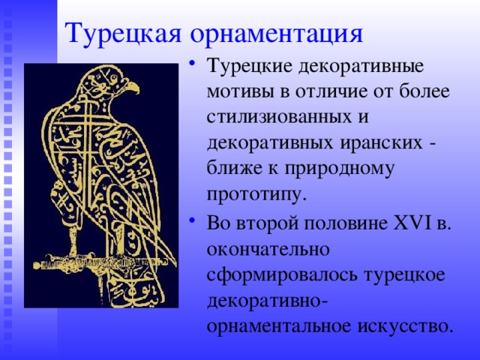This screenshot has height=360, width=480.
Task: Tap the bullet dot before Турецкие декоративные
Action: (x=194, y=62)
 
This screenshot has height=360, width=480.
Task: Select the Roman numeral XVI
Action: (x=409, y=221)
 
